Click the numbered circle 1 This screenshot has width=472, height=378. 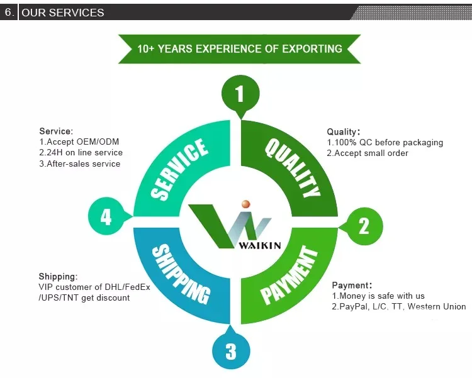pos(239,94)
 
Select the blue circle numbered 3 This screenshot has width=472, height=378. pos(231,350)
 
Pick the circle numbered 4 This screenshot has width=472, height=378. pos(106,217)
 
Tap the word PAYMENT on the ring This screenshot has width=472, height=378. pos(289,275)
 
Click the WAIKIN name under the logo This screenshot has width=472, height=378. pos(260,245)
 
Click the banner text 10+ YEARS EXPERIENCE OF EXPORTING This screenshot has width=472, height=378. pos(240,48)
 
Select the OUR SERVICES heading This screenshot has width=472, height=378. pos(63,13)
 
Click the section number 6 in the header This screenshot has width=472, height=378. pos(9,13)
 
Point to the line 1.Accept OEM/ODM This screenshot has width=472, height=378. pos(79,142)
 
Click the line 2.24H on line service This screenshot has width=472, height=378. pos(81,153)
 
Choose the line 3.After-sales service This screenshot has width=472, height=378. pos(79,164)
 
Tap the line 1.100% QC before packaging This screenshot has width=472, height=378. pos(385,143)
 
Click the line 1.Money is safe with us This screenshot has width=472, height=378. pos(378,296)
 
